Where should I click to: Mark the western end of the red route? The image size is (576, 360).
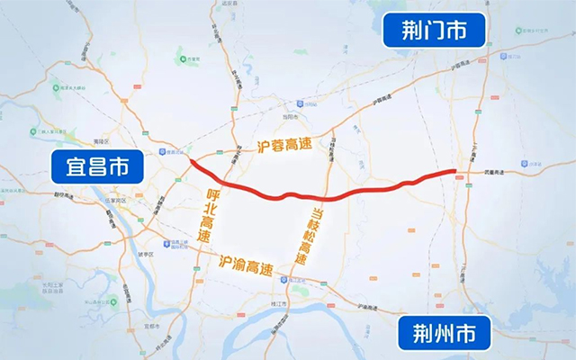(192, 162)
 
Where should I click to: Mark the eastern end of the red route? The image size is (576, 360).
(454, 169)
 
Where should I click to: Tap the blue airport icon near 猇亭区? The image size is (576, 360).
(169, 242)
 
